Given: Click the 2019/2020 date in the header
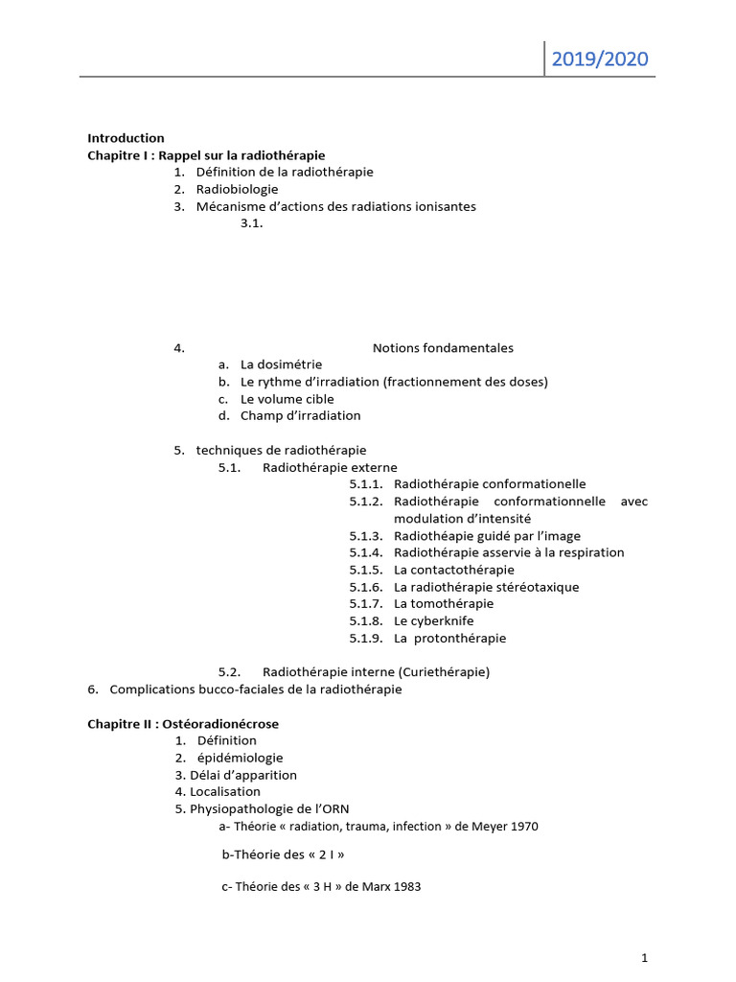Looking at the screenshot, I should pyautogui.click(x=600, y=60).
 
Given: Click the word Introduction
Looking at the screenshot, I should pyautogui.click(x=126, y=138).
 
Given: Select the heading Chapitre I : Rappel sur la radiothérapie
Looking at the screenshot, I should pyautogui.click(x=206, y=155).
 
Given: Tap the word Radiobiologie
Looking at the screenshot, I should pyautogui.click(x=237, y=190).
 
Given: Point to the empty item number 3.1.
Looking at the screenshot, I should pyautogui.click(x=252, y=223).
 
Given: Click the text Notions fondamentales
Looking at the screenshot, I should pyautogui.click(x=443, y=348).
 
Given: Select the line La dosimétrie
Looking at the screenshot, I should pyautogui.click(x=281, y=364).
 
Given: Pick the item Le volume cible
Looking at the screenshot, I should pyautogui.click(x=287, y=399).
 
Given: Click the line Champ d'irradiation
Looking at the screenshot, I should pyautogui.click(x=300, y=416).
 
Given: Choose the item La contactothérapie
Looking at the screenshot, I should pyautogui.click(x=448, y=570).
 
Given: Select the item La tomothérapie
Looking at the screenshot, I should pyautogui.click(x=443, y=604).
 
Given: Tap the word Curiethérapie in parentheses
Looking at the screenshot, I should pyautogui.click(x=448, y=672).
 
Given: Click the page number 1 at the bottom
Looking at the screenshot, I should pyautogui.click(x=645, y=957).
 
